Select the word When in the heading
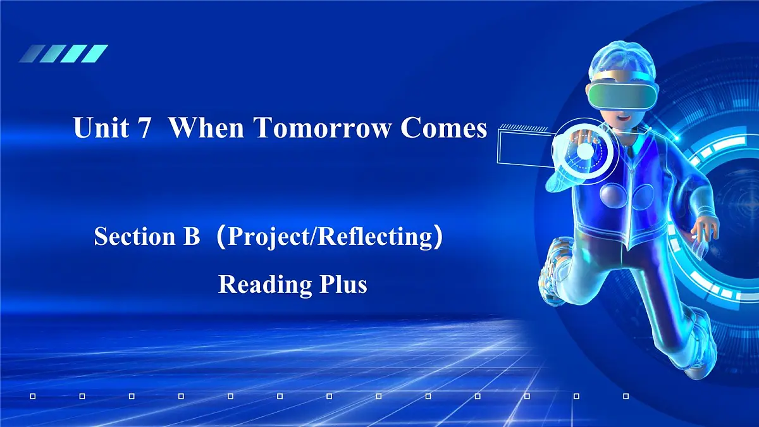click(206, 128)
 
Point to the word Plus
click(342, 285)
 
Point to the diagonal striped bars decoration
click(63, 53)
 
